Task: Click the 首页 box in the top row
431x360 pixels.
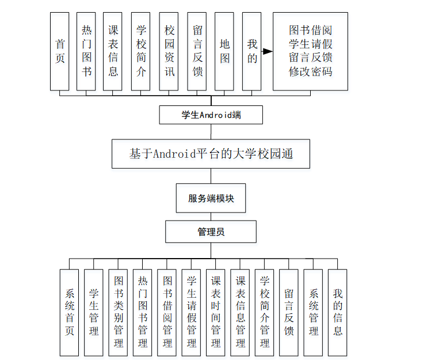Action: point(60,51)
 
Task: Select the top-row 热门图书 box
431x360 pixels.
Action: point(86,51)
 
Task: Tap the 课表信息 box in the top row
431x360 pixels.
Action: point(113,51)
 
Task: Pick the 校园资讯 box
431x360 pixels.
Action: point(169,51)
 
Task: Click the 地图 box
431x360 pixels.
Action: point(224,51)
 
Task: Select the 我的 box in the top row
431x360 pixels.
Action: point(251,51)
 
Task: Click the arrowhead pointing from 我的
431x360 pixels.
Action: point(268,51)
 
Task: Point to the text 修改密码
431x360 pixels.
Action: point(311,72)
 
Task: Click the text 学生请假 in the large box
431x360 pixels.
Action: point(311,44)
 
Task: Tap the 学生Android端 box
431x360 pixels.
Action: point(211,115)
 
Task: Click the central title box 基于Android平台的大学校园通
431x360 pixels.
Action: point(211,154)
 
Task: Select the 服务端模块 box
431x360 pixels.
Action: point(211,198)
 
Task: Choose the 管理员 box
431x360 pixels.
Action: point(211,232)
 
